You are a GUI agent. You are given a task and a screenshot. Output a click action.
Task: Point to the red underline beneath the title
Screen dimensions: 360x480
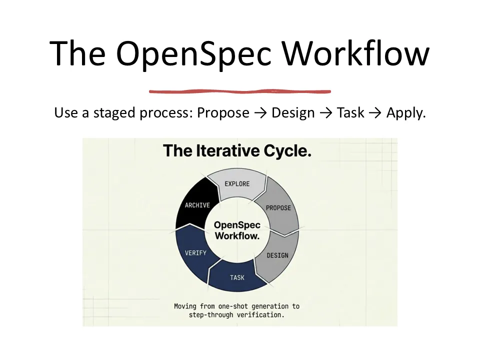point(240,91)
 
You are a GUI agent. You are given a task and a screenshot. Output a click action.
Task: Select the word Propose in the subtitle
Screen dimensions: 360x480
point(223,113)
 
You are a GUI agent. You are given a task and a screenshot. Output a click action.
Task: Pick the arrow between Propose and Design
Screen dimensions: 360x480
point(260,113)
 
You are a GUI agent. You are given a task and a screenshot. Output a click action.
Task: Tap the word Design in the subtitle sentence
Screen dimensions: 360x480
point(293,113)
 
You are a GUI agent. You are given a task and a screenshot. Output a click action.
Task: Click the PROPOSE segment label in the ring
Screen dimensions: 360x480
point(278,207)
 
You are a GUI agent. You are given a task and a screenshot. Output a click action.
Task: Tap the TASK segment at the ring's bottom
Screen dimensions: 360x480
point(237,277)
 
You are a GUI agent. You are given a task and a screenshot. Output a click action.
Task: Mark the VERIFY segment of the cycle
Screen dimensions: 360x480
point(195,252)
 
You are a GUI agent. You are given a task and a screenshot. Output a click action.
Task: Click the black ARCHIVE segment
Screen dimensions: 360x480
point(197,205)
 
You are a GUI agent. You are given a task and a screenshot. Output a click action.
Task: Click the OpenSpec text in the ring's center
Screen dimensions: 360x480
point(237,224)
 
